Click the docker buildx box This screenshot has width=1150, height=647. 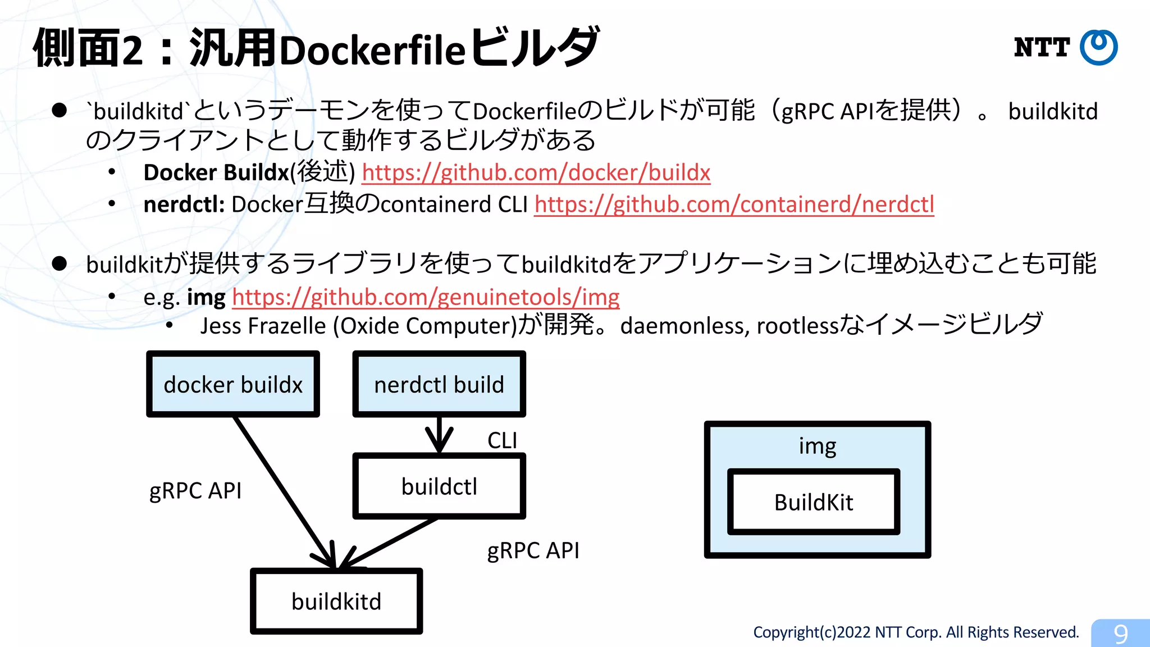[232, 385]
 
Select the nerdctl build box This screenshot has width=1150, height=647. [439, 385]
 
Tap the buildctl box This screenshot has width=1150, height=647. [439, 486]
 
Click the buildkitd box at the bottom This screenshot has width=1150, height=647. [336, 602]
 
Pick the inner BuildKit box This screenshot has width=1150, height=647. [813, 502]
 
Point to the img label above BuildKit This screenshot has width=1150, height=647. [817, 446]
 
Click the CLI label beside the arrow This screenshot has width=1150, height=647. [502, 440]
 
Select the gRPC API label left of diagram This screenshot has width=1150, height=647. [195, 491]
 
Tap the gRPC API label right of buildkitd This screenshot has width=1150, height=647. [533, 550]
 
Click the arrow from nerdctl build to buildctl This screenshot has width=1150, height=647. [439, 435]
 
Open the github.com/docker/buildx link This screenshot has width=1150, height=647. [536, 173]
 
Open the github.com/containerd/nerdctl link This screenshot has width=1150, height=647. [734, 204]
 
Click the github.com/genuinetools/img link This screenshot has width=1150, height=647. [426, 297]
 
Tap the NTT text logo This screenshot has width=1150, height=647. [1042, 48]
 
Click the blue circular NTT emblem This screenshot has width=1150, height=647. [1098, 48]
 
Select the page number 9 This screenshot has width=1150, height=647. [1120, 634]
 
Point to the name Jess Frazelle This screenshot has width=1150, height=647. [263, 326]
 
